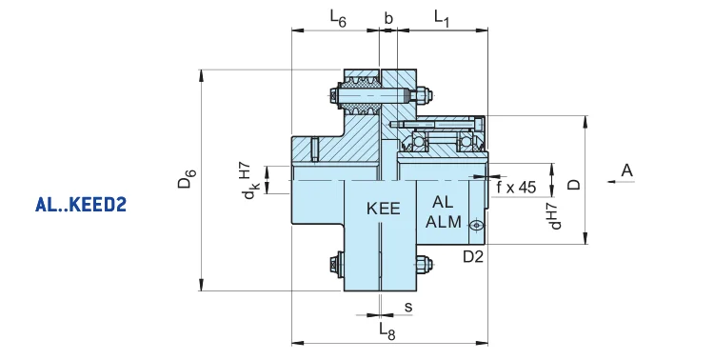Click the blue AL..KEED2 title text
[81, 205]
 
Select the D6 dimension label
[187, 179]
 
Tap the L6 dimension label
[338, 18]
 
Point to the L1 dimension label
[442, 18]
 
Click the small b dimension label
[388, 18]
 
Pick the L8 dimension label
[387, 331]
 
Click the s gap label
[408, 308]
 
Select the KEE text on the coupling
[384, 209]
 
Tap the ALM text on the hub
[444, 222]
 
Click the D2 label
[473, 257]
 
